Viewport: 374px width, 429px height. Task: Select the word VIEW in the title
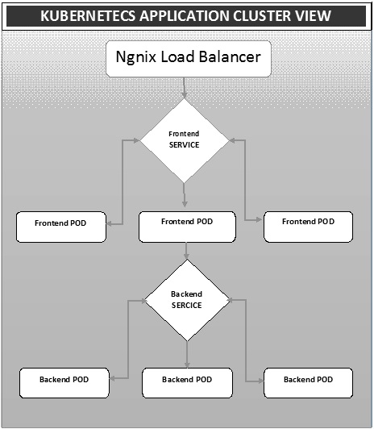pos(310,16)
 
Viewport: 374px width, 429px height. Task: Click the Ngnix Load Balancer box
pos(186,60)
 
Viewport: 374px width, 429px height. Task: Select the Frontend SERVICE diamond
pos(185,140)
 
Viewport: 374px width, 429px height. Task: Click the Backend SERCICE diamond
pos(187,300)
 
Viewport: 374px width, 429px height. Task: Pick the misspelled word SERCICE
pos(187,306)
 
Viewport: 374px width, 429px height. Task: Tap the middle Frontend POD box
pos(187,227)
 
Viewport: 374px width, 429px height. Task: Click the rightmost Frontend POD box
pos(308,226)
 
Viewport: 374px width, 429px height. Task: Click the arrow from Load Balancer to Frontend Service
pos(185,88)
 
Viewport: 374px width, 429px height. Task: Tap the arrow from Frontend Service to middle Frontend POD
pos(185,195)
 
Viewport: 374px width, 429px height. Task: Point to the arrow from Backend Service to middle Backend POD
pos(187,352)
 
